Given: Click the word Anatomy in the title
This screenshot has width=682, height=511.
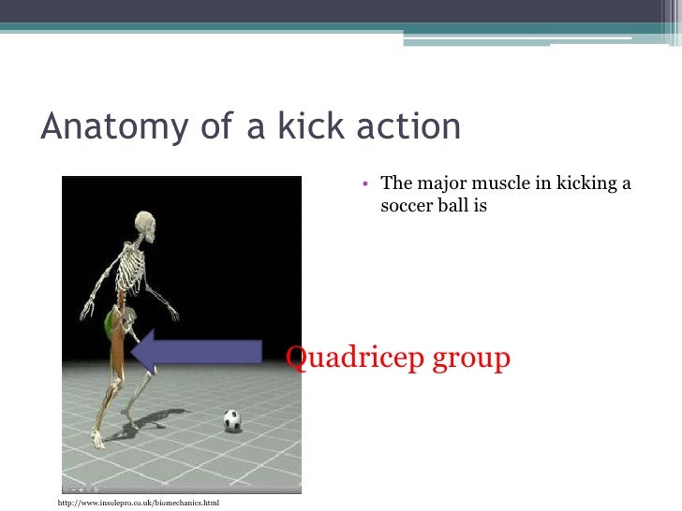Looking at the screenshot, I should pos(100,128).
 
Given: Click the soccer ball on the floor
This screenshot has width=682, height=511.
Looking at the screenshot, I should pos(232,420).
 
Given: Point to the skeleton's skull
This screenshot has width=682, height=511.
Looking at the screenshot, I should pos(146,225).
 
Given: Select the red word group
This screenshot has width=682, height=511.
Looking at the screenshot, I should pos(471,358).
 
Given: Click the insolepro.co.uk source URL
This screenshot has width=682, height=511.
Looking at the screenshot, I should pos(139,504).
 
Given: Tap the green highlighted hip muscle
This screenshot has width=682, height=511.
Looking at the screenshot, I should pos(110,324).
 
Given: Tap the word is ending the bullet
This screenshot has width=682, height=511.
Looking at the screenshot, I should pos(481,204).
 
